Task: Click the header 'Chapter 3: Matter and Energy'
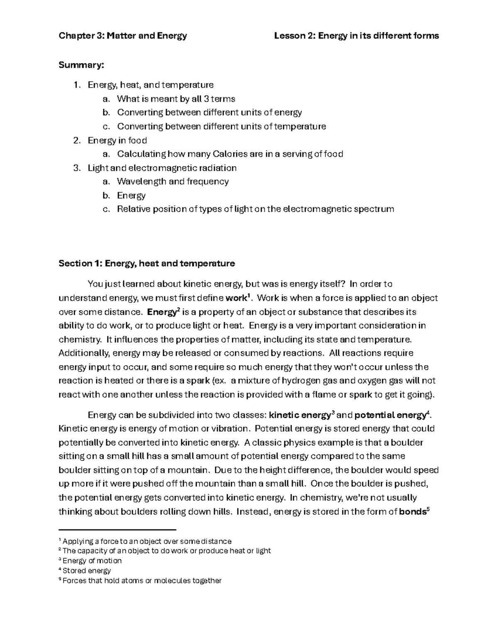(123, 36)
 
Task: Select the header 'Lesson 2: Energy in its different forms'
(356, 36)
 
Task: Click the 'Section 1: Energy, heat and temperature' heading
(147, 263)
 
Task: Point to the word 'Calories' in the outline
(230, 154)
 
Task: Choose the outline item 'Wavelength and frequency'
(173, 182)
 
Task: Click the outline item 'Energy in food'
(117, 141)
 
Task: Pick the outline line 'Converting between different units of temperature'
(221, 126)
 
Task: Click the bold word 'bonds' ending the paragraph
(412, 512)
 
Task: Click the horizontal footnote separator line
(117, 530)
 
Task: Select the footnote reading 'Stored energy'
(86, 571)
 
